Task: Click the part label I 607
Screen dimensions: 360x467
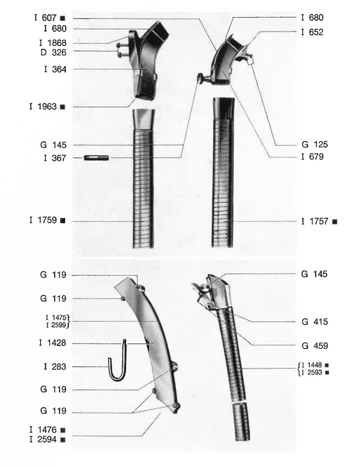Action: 45,18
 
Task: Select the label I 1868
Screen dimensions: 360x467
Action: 53,43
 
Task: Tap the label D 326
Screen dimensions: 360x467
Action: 53,52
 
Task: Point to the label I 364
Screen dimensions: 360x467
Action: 55,69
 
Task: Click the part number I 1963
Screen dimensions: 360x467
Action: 43,107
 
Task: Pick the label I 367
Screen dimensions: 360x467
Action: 55,158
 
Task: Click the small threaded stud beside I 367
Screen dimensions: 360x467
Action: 96,158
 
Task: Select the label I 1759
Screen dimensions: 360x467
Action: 43,220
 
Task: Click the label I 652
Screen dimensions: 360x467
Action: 312,32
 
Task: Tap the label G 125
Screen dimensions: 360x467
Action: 315,145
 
